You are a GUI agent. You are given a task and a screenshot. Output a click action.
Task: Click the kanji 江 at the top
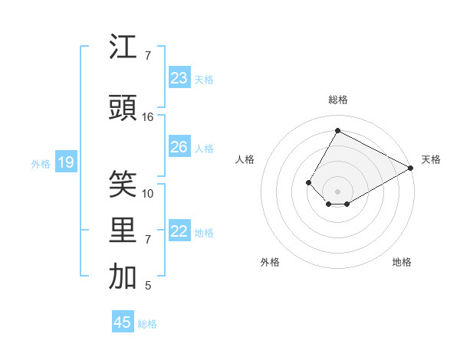click(123, 48)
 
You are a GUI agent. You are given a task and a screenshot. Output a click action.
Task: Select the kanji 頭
click(123, 108)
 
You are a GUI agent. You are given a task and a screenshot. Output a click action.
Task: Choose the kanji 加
click(123, 277)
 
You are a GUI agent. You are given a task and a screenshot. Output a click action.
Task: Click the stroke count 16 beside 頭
click(148, 117)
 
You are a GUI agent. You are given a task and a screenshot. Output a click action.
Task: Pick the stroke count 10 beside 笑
click(148, 194)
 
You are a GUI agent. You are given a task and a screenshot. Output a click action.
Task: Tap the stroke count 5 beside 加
click(148, 286)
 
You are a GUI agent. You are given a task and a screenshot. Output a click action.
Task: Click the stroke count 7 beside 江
click(148, 56)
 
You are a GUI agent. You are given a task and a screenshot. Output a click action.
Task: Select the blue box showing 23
click(179, 78)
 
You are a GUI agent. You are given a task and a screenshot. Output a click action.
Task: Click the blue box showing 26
click(179, 147)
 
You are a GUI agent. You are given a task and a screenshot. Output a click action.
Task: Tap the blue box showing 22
click(179, 231)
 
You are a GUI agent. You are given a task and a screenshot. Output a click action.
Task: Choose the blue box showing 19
click(65, 162)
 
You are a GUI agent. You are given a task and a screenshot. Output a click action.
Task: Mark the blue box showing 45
click(123, 322)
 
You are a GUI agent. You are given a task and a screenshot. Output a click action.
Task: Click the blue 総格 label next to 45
click(147, 324)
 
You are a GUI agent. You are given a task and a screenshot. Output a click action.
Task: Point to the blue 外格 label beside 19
click(41, 163)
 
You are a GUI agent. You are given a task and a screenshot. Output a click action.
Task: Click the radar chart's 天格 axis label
click(431, 159)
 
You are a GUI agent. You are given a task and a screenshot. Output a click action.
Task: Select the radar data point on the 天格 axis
click(411, 168)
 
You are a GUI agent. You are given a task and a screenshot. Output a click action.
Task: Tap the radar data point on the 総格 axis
click(337, 131)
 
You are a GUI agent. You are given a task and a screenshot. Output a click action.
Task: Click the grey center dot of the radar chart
click(337, 191)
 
